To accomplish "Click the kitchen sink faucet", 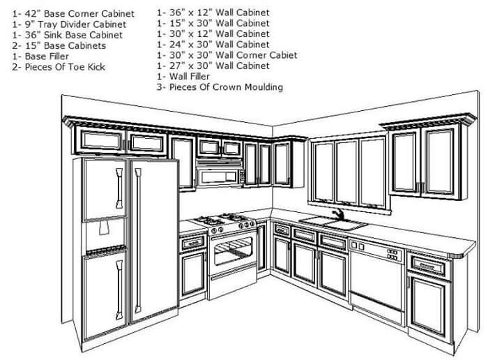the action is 338,214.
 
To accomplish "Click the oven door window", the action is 233,250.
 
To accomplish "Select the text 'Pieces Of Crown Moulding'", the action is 226,87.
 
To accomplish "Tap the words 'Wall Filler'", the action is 189,77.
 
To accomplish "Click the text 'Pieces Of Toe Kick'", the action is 65,67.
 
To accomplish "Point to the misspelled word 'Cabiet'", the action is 283,55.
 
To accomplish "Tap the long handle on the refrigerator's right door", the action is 138,241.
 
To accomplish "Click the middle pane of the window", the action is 347,173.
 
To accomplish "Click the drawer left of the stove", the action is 192,243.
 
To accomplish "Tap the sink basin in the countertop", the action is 333,223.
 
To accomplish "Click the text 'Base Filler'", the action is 47,57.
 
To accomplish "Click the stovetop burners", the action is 222,219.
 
